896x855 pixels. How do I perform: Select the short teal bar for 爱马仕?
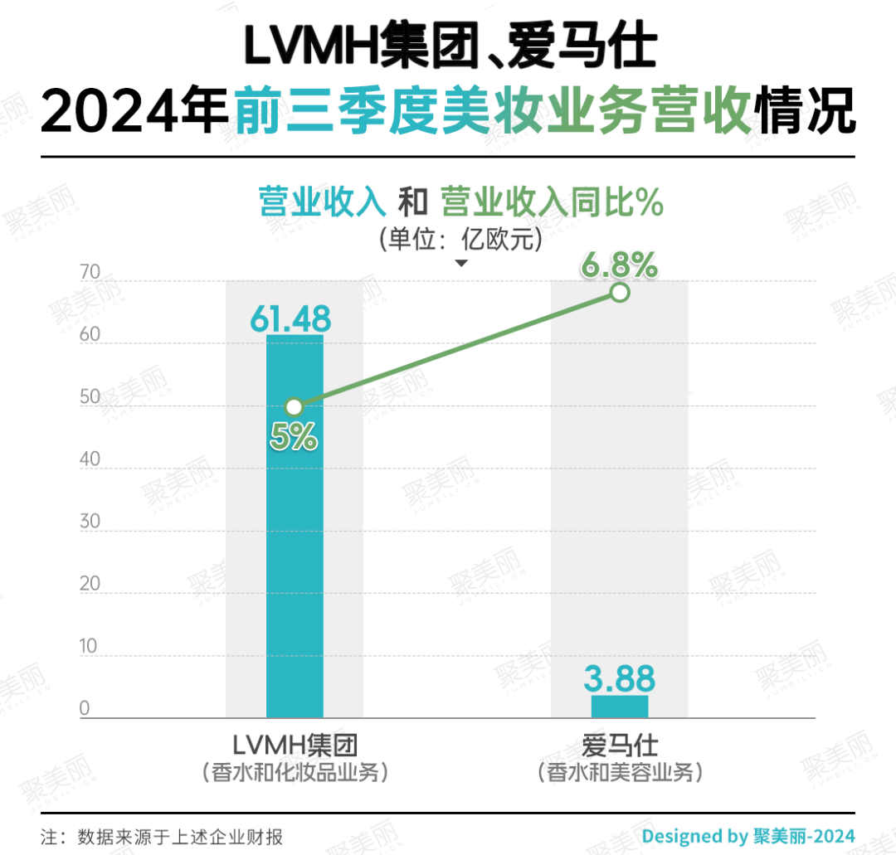pyautogui.click(x=620, y=707)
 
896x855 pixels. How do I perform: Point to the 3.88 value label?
pyautogui.click(x=619, y=678)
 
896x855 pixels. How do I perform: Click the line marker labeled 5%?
pyautogui.click(x=294, y=406)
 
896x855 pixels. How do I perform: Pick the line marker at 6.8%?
pyautogui.click(x=619, y=292)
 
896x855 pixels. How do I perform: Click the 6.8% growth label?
pyautogui.click(x=619, y=265)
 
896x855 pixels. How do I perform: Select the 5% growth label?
pyautogui.click(x=294, y=436)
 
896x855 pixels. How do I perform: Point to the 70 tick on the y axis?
pyautogui.click(x=90, y=273)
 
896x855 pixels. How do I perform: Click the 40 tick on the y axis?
pyautogui.click(x=90, y=459)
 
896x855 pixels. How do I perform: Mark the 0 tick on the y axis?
pyautogui.click(x=85, y=708)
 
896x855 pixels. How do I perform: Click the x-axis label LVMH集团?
pyautogui.click(x=295, y=744)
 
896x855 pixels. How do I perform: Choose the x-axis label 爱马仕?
pyautogui.click(x=620, y=744)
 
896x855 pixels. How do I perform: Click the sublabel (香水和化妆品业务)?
pyautogui.click(x=295, y=772)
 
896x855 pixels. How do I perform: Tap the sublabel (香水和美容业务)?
pyautogui.click(x=620, y=772)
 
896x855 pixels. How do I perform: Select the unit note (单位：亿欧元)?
pyautogui.click(x=461, y=240)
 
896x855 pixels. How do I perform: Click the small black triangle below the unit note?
pyautogui.click(x=461, y=263)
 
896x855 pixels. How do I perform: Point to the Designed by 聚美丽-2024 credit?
pyautogui.click(x=748, y=836)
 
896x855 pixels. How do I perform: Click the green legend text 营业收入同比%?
pyautogui.click(x=552, y=202)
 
